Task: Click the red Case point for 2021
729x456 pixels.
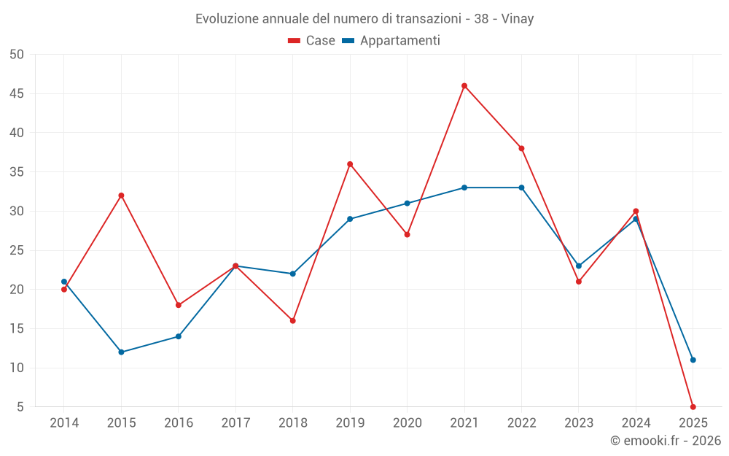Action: click(464, 86)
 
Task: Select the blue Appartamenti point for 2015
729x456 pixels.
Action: click(121, 352)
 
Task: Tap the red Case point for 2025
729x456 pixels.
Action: click(693, 406)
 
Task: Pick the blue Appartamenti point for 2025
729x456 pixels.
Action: click(693, 360)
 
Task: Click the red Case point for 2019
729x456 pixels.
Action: click(350, 164)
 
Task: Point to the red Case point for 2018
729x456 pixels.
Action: click(292, 321)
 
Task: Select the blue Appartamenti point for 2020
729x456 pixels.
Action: click(407, 204)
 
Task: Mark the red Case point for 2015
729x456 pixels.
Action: click(121, 196)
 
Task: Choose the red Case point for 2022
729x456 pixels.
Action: click(521, 149)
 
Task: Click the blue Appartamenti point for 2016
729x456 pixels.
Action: click(178, 336)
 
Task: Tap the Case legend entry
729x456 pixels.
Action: click(311, 41)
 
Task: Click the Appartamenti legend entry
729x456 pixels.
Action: click(391, 41)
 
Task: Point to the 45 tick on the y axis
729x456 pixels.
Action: click(17, 94)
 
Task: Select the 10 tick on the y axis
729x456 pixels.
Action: click(17, 368)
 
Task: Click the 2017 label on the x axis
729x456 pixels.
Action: click(235, 423)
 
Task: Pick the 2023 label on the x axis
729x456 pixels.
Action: click(578, 423)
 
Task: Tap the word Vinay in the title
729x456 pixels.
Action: click(518, 19)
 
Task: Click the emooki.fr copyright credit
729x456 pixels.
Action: click(665, 441)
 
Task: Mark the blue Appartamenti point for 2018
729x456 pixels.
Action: click(292, 274)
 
